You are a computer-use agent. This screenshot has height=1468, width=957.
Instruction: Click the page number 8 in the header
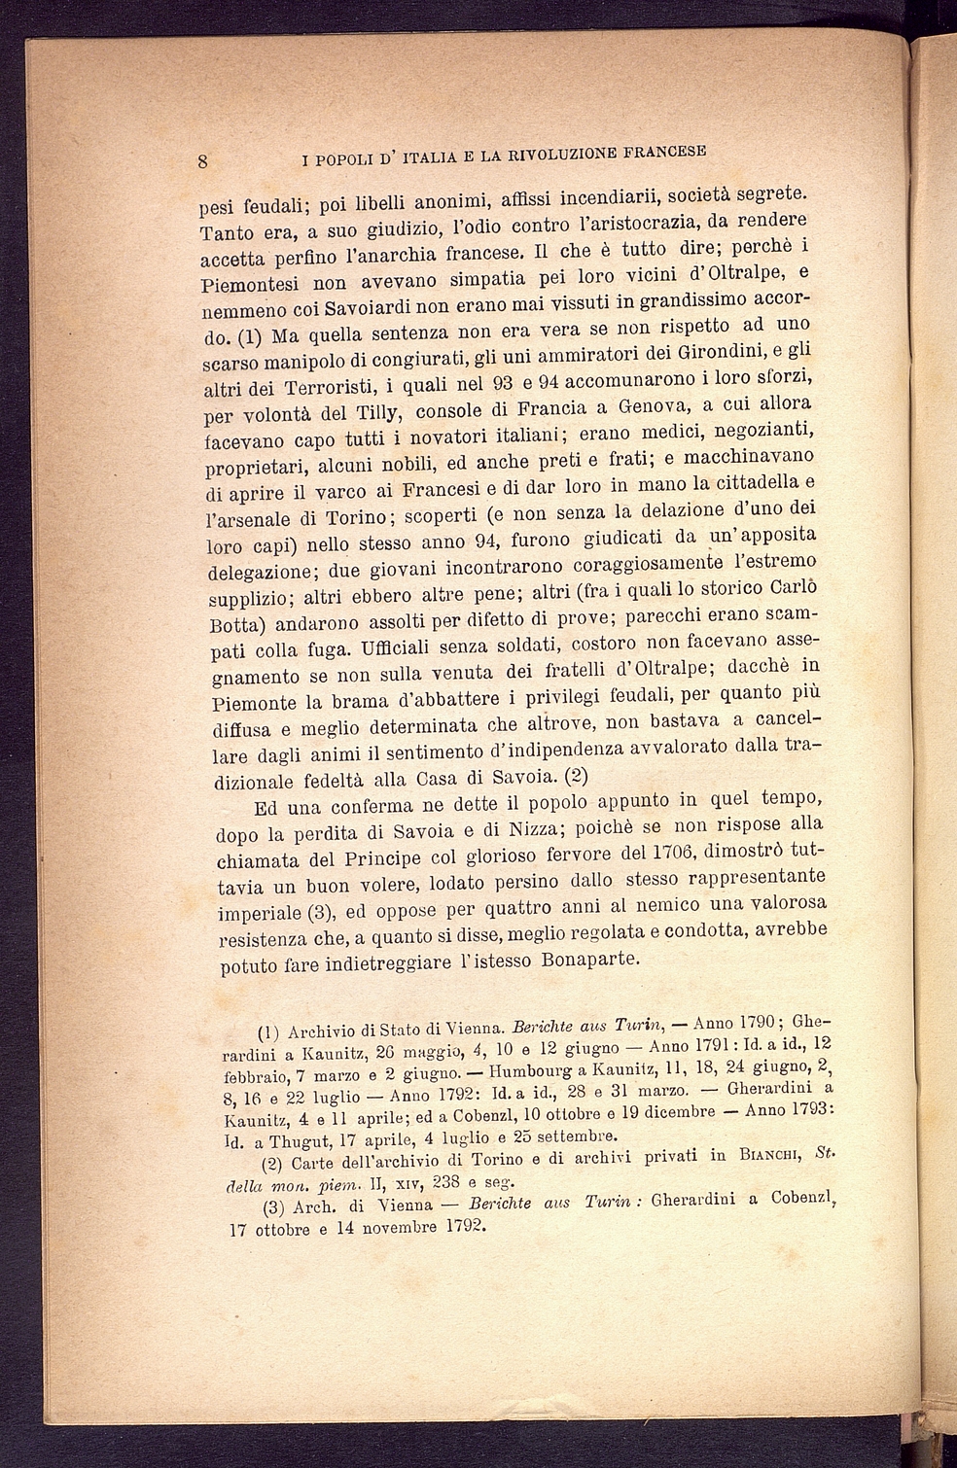point(203,161)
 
